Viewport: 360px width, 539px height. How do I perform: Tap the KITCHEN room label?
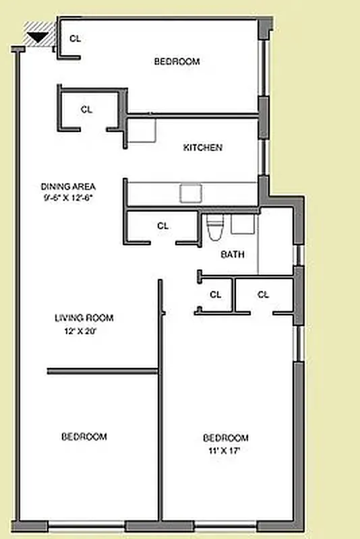[x=203, y=148]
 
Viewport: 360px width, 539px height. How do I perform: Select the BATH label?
[x=233, y=255]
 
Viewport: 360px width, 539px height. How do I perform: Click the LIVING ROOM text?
[x=84, y=318]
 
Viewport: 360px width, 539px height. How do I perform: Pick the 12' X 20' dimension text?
[x=82, y=331]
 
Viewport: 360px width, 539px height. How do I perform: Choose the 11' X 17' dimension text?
[x=225, y=450]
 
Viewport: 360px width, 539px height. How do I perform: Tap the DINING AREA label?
[x=68, y=187]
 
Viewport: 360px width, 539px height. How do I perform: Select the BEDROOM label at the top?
[x=177, y=61]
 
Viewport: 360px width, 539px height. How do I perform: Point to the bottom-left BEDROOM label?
[x=84, y=437]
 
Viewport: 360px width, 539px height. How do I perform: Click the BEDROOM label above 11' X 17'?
[x=226, y=438]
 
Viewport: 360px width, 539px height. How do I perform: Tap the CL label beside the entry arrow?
[x=76, y=39]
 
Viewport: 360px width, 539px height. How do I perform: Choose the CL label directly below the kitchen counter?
[x=162, y=226]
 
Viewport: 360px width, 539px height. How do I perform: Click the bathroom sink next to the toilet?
[x=243, y=224]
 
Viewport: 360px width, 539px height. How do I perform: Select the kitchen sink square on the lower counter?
[x=190, y=193]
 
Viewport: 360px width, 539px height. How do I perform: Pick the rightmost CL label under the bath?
[x=263, y=294]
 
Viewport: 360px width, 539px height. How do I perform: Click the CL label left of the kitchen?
[x=86, y=109]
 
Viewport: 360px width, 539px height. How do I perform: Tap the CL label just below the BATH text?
[x=215, y=294]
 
